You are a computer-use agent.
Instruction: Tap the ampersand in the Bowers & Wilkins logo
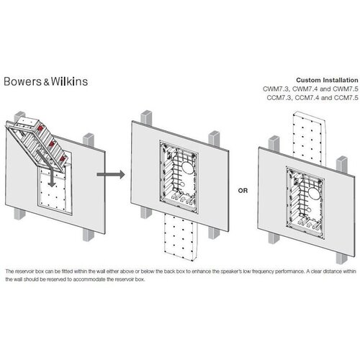tap(53, 81)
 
